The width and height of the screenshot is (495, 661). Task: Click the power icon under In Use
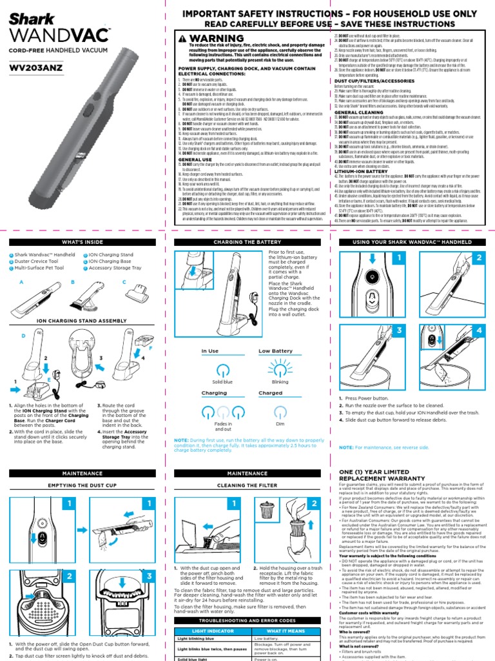(222, 369)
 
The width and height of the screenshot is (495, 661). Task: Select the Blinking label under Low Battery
(279, 382)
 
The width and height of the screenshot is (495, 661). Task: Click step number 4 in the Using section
(478, 330)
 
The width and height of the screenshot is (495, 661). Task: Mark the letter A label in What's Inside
(21, 283)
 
